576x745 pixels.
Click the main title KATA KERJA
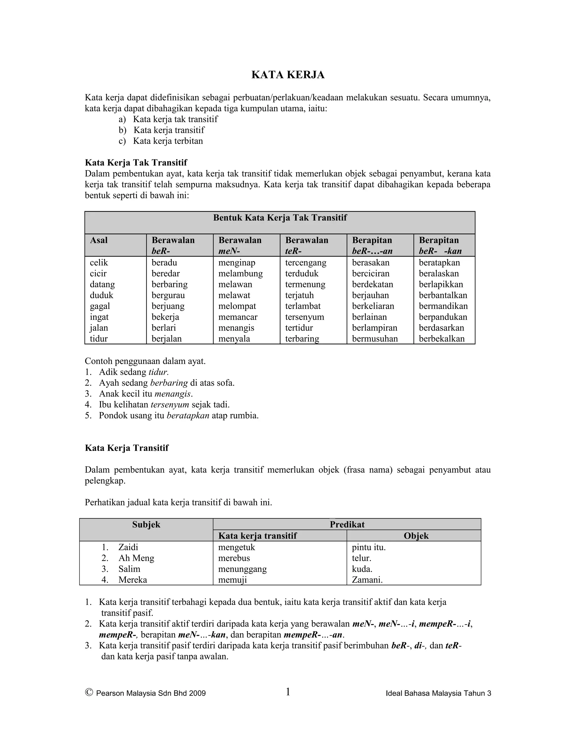point(288,75)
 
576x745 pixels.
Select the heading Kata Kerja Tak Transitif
point(136,162)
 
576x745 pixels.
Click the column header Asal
point(99,240)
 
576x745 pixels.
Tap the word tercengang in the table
point(306,263)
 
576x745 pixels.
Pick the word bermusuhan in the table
point(375,339)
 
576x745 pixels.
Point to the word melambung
point(240,274)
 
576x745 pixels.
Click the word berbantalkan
point(443,295)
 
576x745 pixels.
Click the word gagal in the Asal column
point(100,306)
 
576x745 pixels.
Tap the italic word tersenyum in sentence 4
point(170,405)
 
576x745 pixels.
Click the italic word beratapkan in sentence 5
point(188,416)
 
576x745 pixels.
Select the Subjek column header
point(146,525)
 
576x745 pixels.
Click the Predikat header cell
point(347,525)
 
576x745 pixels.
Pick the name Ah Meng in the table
point(136,558)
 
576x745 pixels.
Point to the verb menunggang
point(242,569)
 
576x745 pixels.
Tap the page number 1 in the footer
point(288,692)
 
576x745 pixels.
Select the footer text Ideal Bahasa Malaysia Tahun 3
point(438,694)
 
